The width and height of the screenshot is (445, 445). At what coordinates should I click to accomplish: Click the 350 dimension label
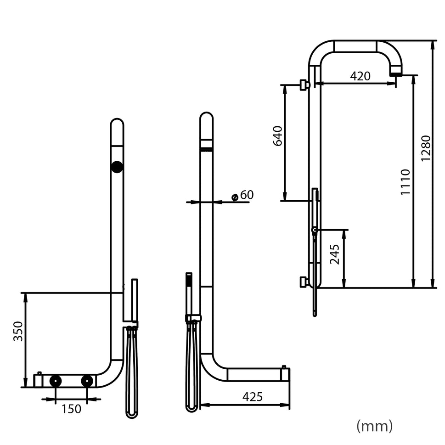click(x=18, y=331)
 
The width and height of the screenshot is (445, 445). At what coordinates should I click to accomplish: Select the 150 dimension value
click(x=72, y=408)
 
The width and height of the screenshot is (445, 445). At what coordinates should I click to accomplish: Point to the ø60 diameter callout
click(x=243, y=195)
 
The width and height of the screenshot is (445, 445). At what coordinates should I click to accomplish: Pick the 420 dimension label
click(x=360, y=76)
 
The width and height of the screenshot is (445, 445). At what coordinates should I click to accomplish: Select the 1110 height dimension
click(x=405, y=182)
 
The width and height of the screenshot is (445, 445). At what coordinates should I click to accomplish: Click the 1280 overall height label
click(x=426, y=148)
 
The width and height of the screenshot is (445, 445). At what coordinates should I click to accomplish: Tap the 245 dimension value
click(x=335, y=254)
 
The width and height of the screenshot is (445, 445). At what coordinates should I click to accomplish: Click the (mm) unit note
click(x=374, y=426)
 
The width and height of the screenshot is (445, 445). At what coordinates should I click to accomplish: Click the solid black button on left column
click(x=117, y=167)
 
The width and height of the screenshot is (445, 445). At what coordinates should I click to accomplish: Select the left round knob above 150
click(x=56, y=381)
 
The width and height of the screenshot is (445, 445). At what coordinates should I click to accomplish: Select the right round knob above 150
click(x=87, y=381)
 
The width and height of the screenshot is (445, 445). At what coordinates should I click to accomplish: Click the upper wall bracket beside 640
click(x=304, y=84)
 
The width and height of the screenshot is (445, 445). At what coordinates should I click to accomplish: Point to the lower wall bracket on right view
click(x=304, y=282)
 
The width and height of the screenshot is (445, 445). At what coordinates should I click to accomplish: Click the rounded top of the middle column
click(x=206, y=118)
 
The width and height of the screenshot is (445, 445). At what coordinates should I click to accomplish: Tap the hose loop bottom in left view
click(x=132, y=414)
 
